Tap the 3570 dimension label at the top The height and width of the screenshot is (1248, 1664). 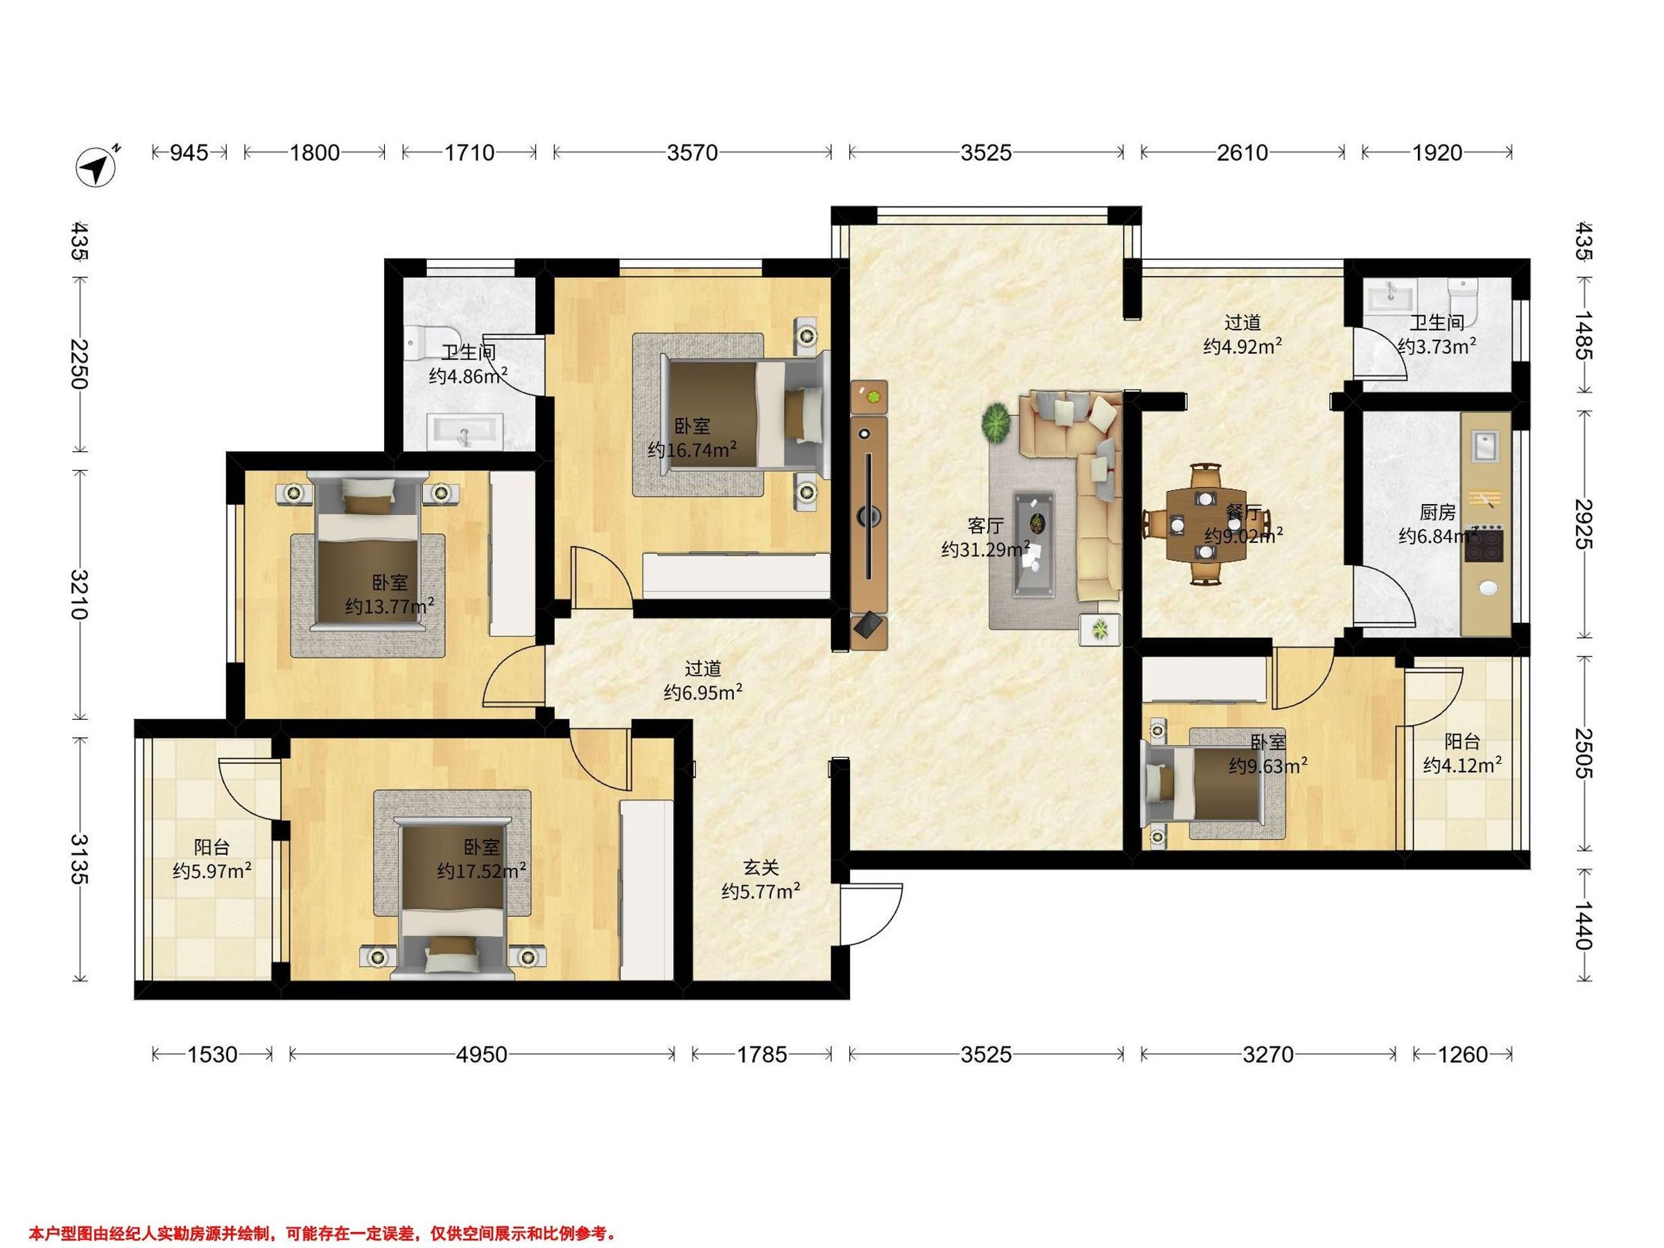point(692,153)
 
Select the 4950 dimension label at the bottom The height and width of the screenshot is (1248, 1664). point(482,1055)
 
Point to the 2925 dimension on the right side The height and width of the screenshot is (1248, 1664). point(1582,524)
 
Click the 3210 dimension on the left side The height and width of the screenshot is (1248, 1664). point(79,594)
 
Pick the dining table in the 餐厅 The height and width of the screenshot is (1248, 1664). point(1206,524)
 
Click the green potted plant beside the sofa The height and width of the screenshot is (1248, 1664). point(997,424)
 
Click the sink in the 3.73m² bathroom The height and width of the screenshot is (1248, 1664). point(1392,295)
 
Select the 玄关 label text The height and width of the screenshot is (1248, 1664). point(761,868)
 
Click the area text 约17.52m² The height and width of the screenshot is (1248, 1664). point(481,871)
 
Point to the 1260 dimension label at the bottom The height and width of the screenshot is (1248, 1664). point(1462,1055)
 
